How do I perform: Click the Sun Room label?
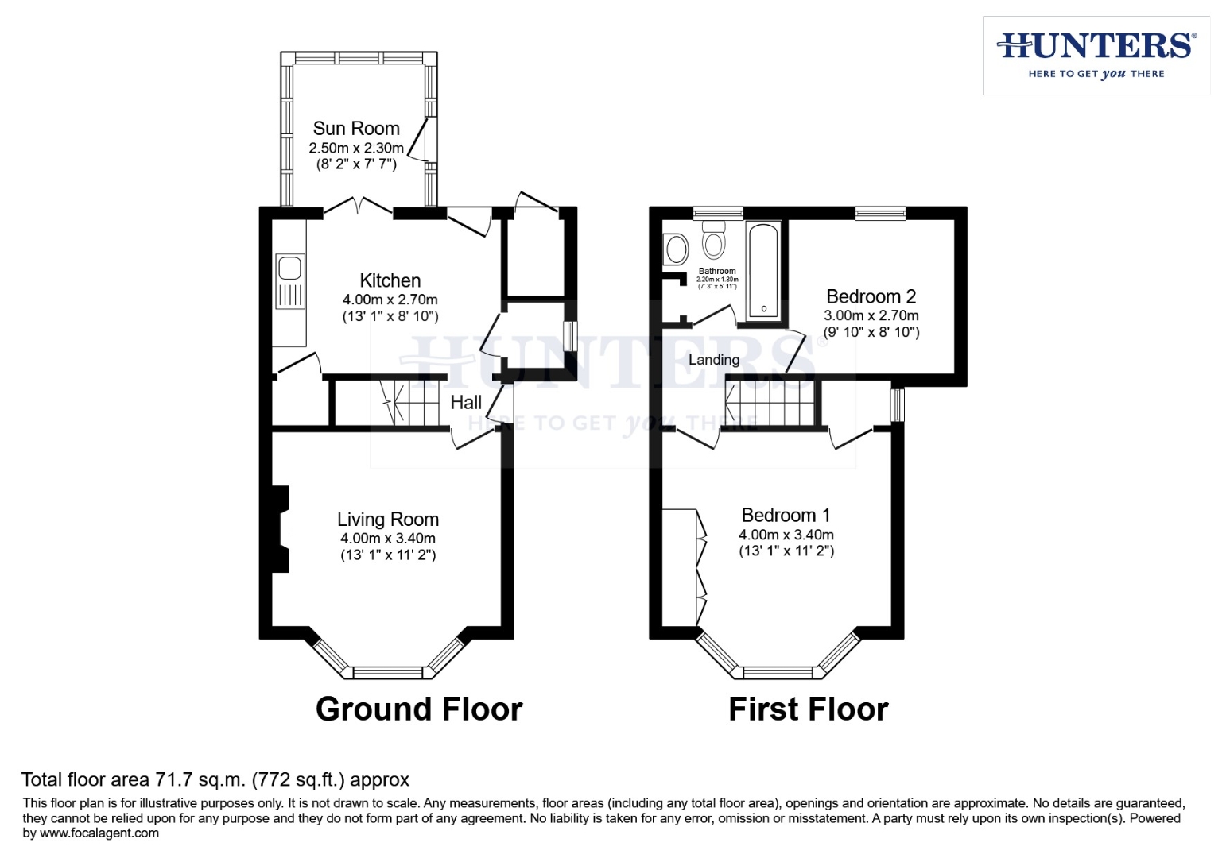[356, 129]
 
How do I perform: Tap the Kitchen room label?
[390, 280]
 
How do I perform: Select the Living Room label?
[388, 520]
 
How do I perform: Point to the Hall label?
[466, 403]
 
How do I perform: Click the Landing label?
[714, 360]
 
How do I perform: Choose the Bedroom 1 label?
[786, 516]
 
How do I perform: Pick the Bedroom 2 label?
[871, 297]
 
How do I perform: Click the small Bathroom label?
[717, 271]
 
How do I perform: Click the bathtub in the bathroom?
[763, 271]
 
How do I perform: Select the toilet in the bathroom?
[714, 238]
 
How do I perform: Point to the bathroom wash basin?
[676, 249]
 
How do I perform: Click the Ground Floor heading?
[419, 709]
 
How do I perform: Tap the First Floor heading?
[808, 709]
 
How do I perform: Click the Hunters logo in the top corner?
[1096, 55]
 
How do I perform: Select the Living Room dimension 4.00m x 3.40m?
[388, 539]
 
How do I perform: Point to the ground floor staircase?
[409, 403]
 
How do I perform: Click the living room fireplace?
[281, 529]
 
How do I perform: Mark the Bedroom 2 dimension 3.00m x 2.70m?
[871, 315]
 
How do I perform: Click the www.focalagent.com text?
[99, 833]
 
